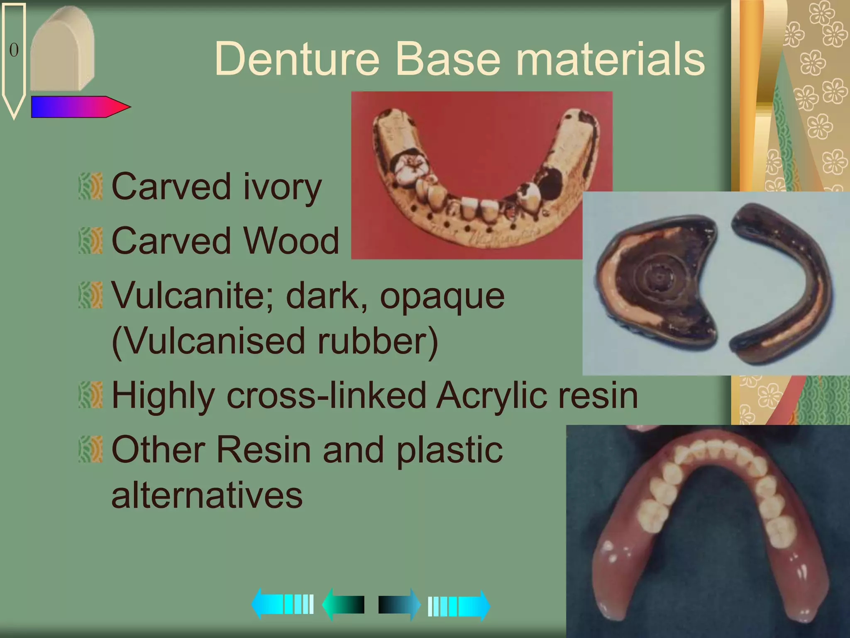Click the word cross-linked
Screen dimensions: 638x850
[x=326, y=395]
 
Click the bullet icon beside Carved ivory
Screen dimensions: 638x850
[x=90, y=186]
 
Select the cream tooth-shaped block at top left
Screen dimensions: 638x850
[x=62, y=50]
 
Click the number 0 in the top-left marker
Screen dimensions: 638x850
[x=14, y=50]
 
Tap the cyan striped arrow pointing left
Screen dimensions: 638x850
[x=282, y=604]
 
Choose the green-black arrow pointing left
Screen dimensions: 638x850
[x=343, y=605]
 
